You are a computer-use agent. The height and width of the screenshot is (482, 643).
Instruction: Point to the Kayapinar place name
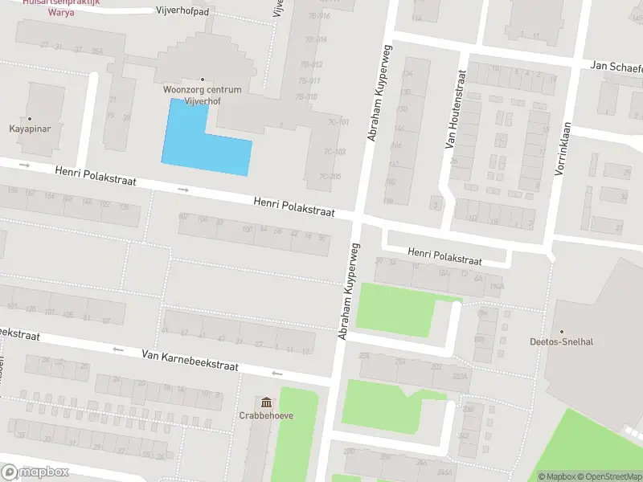coord(31,128)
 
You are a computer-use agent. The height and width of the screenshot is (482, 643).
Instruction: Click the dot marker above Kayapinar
coord(31,117)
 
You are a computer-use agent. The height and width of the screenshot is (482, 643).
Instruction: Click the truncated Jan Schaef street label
coord(616,66)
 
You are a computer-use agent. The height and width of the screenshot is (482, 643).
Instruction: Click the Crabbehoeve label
coord(265,415)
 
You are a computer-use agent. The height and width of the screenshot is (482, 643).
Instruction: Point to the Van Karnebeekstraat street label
coord(190,359)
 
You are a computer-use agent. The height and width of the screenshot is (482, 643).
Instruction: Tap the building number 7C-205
coord(330,177)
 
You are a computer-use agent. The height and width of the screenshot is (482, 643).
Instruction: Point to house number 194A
coord(496,285)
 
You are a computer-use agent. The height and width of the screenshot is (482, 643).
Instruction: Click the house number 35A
coord(97,51)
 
